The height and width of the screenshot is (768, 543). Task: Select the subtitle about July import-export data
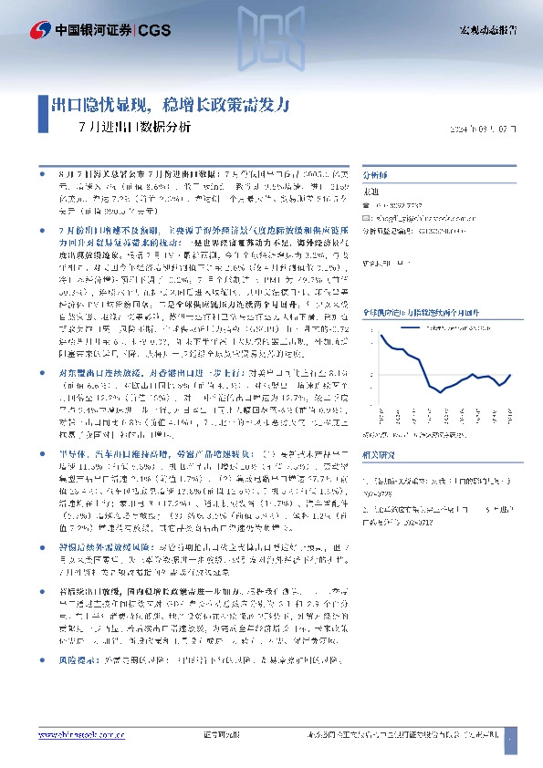point(135,128)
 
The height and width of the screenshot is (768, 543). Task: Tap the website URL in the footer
point(83,733)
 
